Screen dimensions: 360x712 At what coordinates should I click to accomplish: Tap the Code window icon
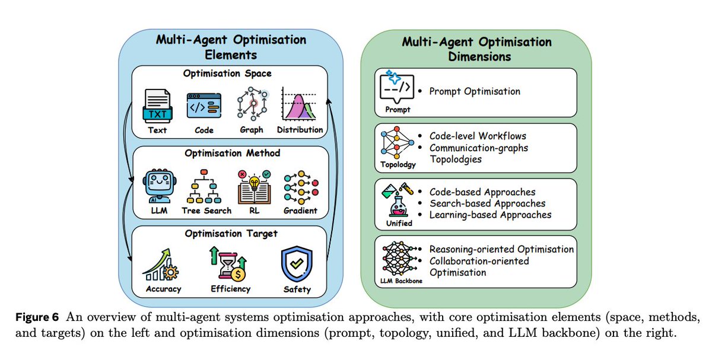[203, 107]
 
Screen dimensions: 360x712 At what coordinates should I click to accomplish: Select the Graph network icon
[251, 104]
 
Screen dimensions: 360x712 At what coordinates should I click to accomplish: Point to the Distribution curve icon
[300, 104]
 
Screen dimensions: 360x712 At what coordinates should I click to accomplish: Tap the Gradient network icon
[301, 187]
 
